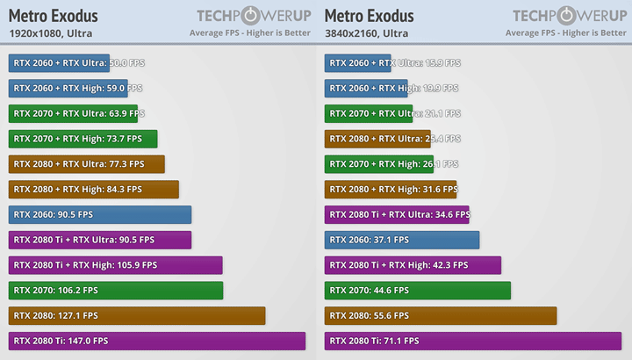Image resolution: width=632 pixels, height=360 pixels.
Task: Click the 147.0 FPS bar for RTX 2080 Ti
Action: pos(157,341)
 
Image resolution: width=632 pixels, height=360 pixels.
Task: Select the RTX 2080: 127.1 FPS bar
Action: pos(137,315)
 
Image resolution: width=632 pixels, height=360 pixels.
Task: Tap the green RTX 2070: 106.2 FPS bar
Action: pos(116,291)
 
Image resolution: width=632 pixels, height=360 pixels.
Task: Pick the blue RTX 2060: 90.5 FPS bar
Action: pos(100,214)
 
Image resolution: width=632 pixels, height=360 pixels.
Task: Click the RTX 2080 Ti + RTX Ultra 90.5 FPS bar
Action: pos(100,240)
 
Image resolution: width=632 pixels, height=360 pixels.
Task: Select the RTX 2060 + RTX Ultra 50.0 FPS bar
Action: pos(59,63)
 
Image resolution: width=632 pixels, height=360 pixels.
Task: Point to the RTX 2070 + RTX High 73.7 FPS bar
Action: pos(83,139)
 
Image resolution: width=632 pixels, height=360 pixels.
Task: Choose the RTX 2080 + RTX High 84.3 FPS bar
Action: pos(94,190)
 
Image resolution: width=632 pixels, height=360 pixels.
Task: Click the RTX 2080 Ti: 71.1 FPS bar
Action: pos(473,341)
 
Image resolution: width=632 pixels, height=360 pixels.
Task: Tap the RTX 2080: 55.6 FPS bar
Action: pos(441,315)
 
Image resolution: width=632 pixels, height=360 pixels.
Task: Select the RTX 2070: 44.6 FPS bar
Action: pos(418,291)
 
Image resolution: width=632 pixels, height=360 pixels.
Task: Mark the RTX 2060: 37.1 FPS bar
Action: pos(402,240)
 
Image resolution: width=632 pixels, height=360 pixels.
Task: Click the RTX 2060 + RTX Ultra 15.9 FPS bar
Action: pos(358,63)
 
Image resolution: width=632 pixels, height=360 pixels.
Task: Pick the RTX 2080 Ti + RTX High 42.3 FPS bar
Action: pos(413,265)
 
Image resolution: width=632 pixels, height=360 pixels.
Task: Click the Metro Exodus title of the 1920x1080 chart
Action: pos(54,16)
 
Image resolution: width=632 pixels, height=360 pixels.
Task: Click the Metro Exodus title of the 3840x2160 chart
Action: pos(370,16)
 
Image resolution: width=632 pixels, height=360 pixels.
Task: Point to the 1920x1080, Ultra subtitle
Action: pos(50,33)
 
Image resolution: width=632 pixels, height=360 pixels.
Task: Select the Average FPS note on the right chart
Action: pos(565,33)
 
